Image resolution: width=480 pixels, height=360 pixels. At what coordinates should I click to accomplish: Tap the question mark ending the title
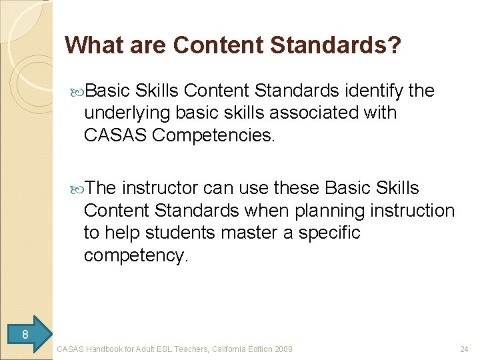395,45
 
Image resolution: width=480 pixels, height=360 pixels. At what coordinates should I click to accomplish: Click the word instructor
159,189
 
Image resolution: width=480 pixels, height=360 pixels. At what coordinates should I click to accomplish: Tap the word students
173,233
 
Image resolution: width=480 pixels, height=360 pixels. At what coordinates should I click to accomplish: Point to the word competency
137,256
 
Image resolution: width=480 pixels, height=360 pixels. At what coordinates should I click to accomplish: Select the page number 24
464,349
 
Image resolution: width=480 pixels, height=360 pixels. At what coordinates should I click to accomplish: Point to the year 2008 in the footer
283,349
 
